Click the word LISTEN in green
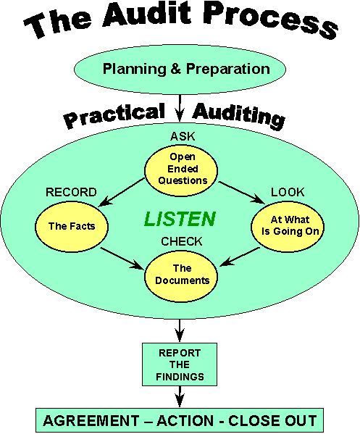click(180, 219)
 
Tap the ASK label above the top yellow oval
click(183, 136)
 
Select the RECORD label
click(71, 192)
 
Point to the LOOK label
click(288, 192)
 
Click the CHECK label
click(182, 241)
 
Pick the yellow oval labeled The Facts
click(72, 226)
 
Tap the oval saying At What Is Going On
click(288, 226)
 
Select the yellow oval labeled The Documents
click(181, 276)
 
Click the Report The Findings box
click(180, 364)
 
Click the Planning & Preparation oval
click(180, 70)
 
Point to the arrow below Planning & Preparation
click(180, 108)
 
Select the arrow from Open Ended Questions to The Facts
click(122, 193)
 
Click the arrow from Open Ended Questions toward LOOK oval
click(241, 193)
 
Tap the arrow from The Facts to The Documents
click(122, 258)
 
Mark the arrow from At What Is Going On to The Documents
click(240, 257)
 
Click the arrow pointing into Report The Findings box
click(180, 331)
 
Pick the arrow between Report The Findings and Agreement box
click(180, 396)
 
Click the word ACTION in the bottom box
click(185, 421)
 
